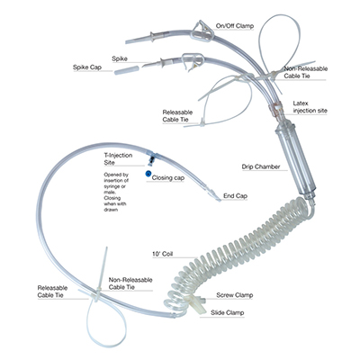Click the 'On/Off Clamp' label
235,26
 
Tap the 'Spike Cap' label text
87,67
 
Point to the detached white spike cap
127,71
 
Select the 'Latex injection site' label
310,107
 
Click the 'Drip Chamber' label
261,166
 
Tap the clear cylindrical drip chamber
295,160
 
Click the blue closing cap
148,173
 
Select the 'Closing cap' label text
168,178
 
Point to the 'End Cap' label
235,196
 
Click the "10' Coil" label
162,254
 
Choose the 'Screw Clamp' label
235,295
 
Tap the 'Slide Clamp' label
227,312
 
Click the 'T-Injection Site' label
118,159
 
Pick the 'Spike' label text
120,58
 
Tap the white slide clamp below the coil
196,303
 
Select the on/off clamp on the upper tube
202,31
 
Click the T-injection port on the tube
151,158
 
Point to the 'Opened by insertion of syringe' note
116,192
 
